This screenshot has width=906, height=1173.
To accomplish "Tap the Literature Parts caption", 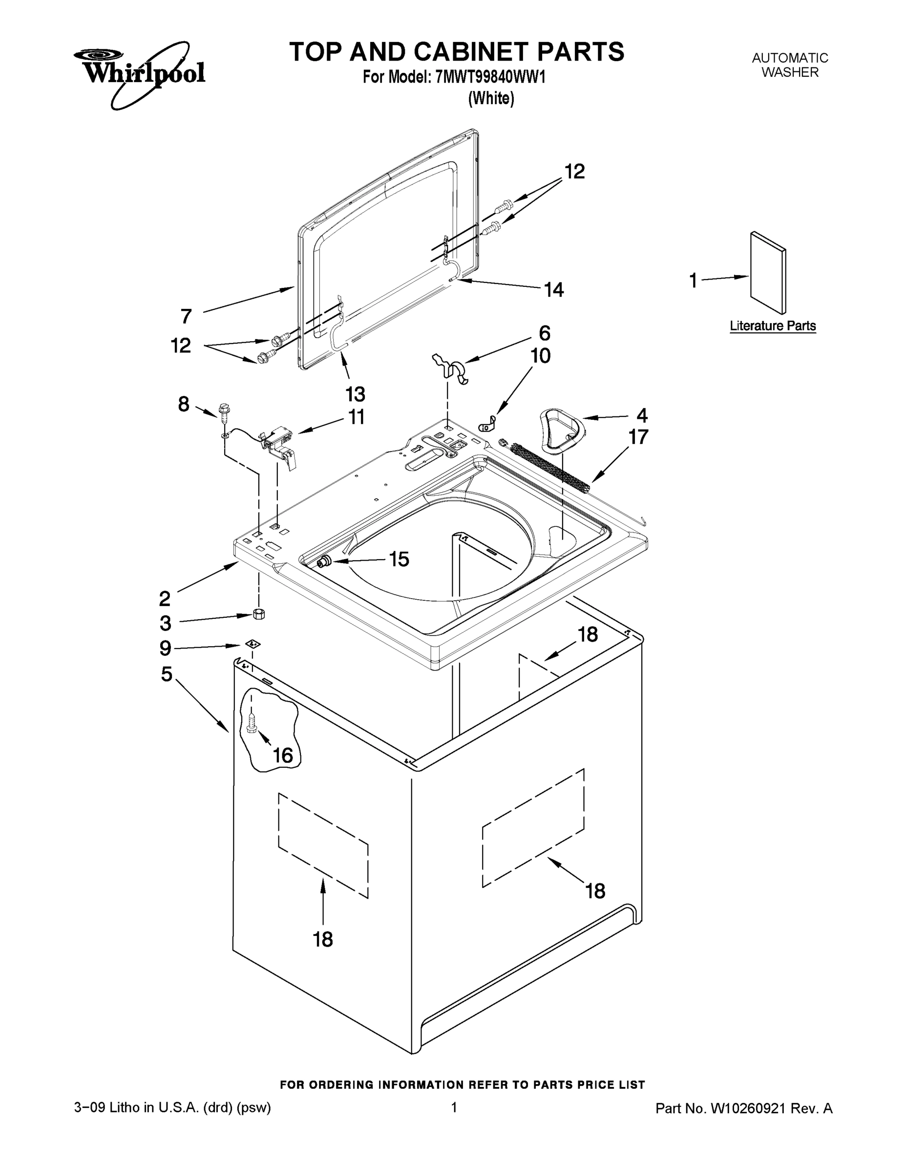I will (772, 326).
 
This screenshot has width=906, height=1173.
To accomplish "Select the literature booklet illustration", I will (768, 273).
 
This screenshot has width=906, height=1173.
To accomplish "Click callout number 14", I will (554, 290).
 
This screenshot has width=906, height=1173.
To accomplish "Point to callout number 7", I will (186, 316).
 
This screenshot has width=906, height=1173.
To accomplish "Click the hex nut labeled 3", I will (258, 614).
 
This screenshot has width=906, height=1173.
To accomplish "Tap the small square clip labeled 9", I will (252, 643).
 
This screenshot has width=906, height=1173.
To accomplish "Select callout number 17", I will (638, 437).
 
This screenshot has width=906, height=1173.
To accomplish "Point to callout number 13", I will (355, 394).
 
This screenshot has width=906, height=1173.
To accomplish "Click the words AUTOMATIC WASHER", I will (790, 65).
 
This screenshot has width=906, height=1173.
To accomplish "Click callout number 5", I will (167, 673).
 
